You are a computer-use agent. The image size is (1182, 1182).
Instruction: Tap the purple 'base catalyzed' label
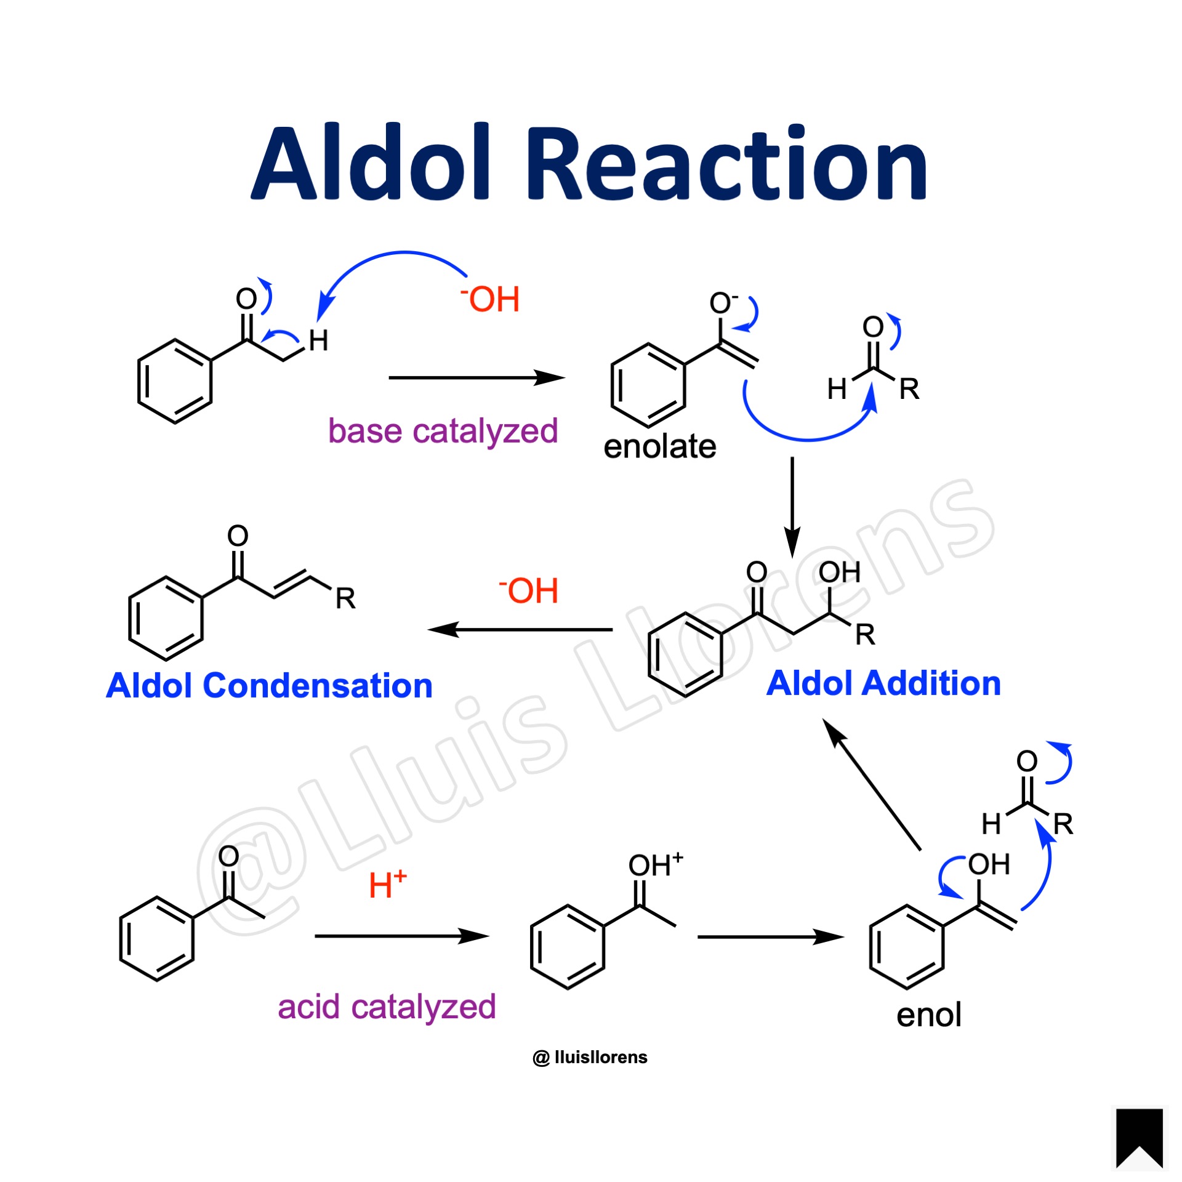443,431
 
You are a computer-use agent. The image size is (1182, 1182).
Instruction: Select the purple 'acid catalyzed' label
387,1007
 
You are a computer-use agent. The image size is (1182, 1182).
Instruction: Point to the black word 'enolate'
660,446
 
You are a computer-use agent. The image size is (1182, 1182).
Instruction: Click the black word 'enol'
928,1015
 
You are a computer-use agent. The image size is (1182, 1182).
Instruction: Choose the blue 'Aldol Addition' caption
883,683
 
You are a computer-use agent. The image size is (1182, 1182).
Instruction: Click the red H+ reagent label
387,885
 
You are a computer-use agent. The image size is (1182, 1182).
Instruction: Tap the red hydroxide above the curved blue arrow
490,300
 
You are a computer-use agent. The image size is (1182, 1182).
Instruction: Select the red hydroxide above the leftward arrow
529,590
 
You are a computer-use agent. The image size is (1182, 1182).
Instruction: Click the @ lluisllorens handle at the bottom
590,1057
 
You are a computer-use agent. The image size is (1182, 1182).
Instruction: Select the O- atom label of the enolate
722,303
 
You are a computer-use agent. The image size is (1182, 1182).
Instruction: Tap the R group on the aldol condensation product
345,598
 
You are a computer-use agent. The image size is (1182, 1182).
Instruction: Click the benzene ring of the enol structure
906,947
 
